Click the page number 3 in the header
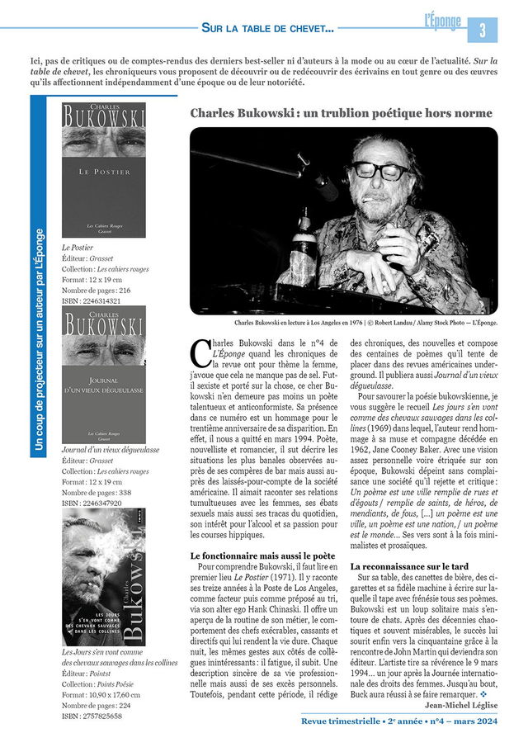click(483, 30)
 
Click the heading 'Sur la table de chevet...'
click(267, 29)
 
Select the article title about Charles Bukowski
click(341, 113)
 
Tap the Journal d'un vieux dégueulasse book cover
click(104, 375)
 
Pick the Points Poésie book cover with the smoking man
click(104, 577)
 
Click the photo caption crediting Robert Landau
click(365, 324)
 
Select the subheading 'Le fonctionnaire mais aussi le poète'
click(262, 556)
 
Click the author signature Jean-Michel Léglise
click(461, 705)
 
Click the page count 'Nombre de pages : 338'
click(97, 493)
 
